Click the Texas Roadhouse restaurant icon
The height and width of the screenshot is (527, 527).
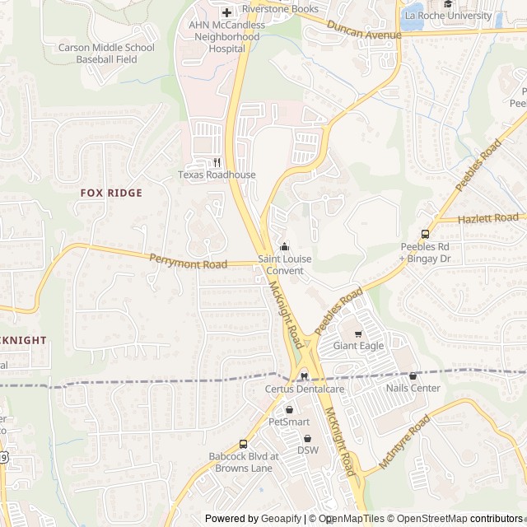(217, 162)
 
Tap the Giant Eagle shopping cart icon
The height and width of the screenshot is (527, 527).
(358, 333)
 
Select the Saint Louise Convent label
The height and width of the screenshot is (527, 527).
(285, 264)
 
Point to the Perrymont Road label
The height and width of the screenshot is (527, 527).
(188, 263)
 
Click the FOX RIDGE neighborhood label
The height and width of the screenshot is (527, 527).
(111, 193)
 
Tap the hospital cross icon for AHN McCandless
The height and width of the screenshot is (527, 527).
(226, 13)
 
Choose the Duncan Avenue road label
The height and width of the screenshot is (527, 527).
(363, 30)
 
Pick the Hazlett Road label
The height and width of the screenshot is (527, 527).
(489, 218)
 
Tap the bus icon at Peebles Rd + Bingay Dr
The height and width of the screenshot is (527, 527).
(426, 234)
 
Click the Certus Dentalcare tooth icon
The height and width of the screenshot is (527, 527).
(303, 376)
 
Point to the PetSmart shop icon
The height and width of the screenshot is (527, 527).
(289, 409)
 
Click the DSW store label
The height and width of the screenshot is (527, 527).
(307, 450)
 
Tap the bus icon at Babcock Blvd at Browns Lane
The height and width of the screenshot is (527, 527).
(243, 444)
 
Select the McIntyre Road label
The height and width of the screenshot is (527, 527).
(404, 444)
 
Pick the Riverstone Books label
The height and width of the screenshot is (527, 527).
(280, 9)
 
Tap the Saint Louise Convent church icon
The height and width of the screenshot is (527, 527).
(285, 246)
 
